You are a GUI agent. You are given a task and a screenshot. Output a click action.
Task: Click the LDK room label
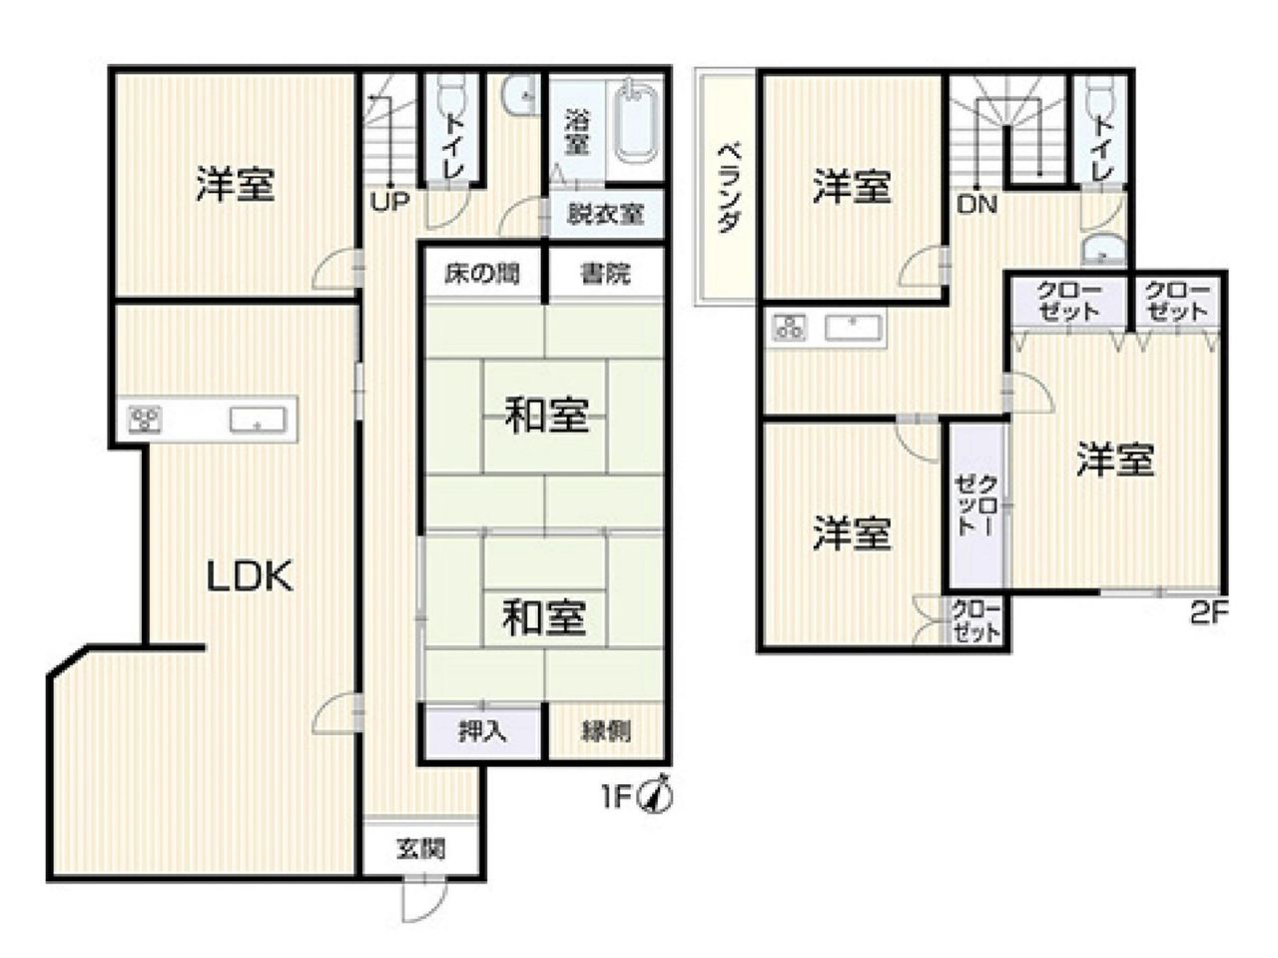251,576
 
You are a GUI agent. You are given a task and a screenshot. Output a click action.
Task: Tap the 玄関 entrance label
421,848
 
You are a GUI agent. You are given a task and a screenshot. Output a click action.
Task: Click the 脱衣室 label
605,215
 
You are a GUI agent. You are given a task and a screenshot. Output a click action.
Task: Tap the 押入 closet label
482,731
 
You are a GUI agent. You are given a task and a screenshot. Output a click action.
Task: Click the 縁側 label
606,731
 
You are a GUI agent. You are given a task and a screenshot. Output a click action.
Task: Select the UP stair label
390,203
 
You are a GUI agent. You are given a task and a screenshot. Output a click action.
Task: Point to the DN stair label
977,205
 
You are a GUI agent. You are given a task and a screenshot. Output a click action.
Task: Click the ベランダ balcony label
729,188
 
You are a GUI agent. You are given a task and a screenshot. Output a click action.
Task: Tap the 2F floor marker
1209,614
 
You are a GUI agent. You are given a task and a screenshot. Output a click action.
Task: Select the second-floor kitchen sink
852,328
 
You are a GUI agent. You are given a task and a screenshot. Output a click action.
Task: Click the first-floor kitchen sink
258,420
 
